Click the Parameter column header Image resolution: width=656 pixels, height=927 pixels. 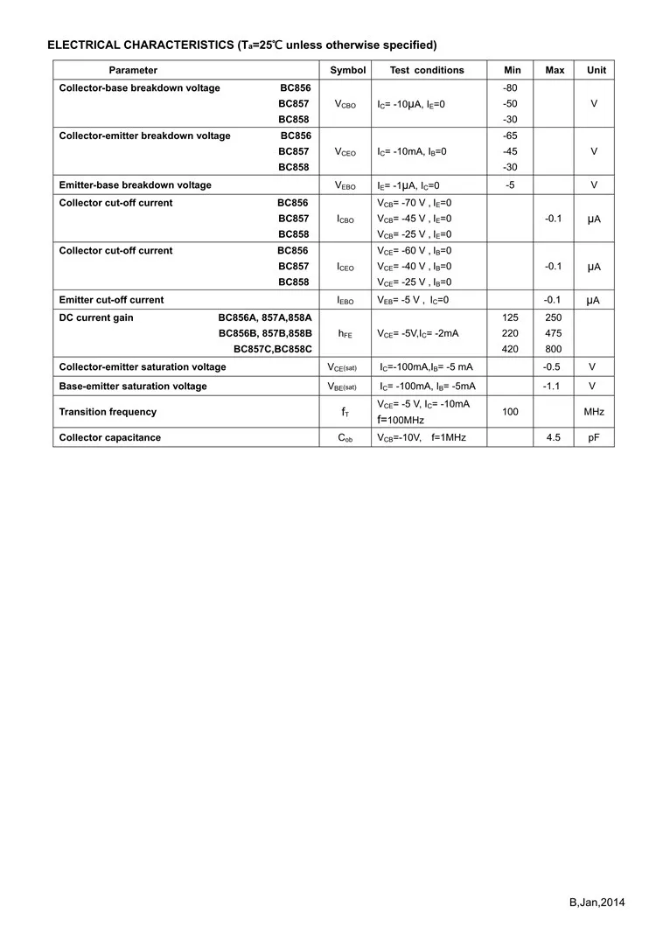tap(133, 70)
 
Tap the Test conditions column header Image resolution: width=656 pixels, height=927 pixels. tap(427, 70)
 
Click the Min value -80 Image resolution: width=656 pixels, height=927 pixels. tap(511, 88)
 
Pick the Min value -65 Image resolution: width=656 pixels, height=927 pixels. tap(511, 136)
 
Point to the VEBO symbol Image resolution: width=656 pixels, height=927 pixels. tap(345, 185)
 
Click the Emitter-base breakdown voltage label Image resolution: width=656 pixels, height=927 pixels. tap(135, 185)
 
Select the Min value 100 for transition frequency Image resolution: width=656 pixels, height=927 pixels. tap(511, 412)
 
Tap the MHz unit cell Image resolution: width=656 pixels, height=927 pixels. tap(594, 412)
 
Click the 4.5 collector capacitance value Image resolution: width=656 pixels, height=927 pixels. tap(554, 437)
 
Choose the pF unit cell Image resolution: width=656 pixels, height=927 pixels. tap(594, 437)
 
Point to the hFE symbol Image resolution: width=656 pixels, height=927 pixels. tap(345, 334)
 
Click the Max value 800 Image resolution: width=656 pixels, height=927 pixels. tap(554, 349)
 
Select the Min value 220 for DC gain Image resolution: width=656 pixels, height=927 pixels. tap(511, 333)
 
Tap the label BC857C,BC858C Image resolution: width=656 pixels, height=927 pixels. tap(272, 349)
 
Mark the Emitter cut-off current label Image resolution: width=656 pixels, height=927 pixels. tap(111, 300)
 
